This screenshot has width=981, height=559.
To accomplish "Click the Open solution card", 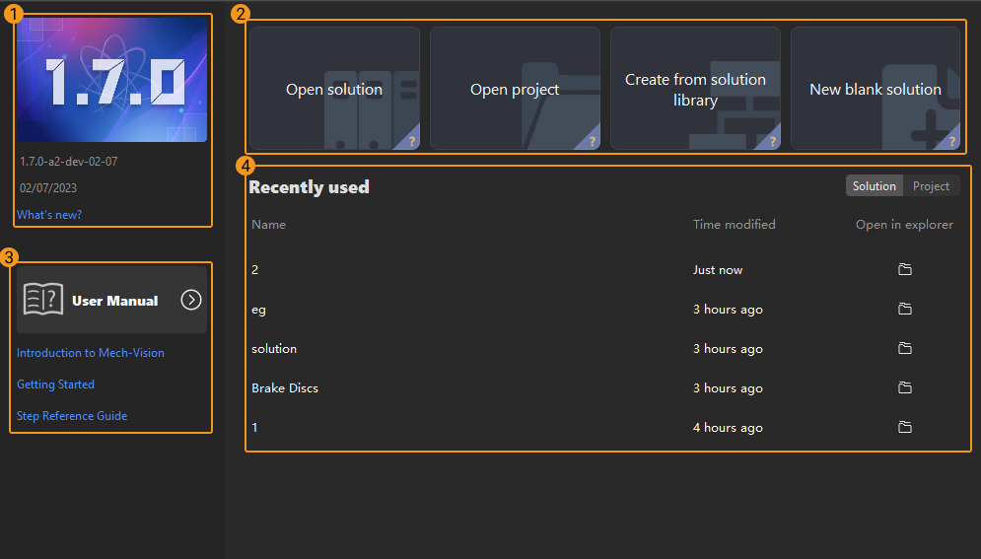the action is click(334, 88).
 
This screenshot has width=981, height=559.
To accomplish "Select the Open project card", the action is click(515, 88).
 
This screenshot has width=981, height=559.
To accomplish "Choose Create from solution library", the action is click(695, 88).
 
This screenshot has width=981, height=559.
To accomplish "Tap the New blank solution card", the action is click(876, 88).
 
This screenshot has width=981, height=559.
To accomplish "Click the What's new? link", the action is click(49, 215).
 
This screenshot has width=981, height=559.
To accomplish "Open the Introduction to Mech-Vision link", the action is click(91, 353).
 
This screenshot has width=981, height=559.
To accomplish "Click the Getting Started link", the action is click(55, 384).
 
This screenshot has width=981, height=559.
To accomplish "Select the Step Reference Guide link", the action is click(72, 416).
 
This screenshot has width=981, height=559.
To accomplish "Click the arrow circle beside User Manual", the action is click(191, 300).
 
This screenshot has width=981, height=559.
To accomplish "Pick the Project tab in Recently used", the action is click(931, 185).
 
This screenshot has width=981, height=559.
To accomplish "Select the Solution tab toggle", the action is click(874, 185).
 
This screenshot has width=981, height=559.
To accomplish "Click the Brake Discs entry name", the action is click(285, 387).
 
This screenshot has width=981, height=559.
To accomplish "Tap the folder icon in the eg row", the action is click(905, 309).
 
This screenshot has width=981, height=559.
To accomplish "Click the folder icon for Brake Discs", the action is click(905, 387).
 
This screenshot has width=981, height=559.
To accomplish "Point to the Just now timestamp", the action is click(718, 269).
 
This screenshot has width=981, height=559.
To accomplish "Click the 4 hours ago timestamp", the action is click(728, 428).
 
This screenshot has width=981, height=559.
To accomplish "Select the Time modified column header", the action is click(734, 224).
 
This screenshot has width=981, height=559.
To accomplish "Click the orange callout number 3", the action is click(9, 257).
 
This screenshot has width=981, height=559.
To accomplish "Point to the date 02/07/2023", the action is click(48, 187).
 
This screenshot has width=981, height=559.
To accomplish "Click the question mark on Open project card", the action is click(592, 141).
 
